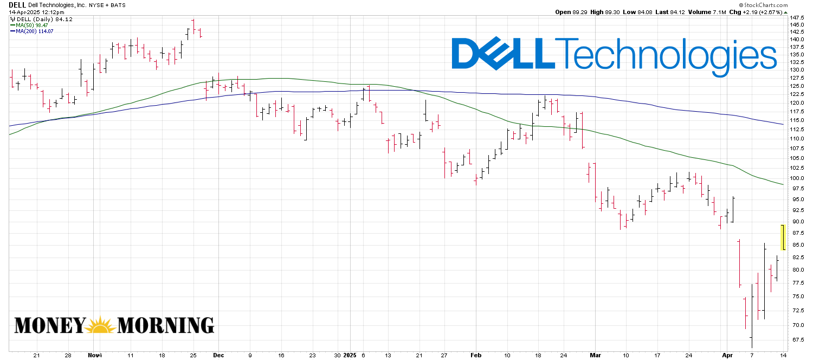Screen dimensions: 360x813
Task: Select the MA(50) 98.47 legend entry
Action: point(33,25)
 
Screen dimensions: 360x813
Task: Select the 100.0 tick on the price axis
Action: point(797,178)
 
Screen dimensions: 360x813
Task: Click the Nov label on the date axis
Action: point(92,355)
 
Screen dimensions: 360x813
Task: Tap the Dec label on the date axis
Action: point(218,355)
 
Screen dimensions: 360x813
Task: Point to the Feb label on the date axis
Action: point(475,355)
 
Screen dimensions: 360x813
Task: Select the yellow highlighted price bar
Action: point(783,237)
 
